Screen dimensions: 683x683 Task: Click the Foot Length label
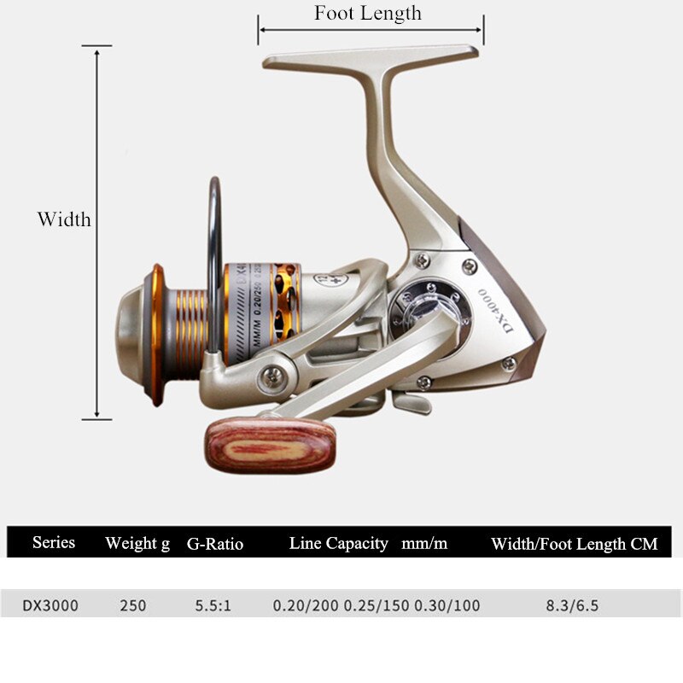click(x=367, y=13)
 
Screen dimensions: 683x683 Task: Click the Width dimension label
click(x=63, y=219)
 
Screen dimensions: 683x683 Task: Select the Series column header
click(x=53, y=543)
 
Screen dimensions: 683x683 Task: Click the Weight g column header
click(x=137, y=544)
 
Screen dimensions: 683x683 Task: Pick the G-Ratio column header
click(x=214, y=544)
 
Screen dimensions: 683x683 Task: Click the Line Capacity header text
click(x=338, y=544)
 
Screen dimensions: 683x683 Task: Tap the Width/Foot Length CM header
click(x=574, y=544)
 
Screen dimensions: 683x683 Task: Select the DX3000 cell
click(x=50, y=606)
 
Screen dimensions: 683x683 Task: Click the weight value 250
click(x=132, y=606)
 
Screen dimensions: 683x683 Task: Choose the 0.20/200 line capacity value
click(x=306, y=606)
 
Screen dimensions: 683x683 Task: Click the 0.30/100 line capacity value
click(x=447, y=606)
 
